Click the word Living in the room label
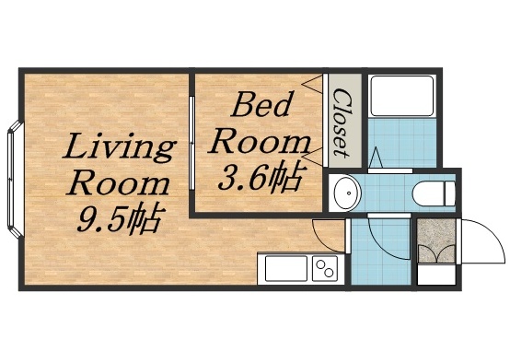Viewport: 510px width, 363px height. (121, 146)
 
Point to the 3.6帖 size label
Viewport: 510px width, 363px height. (261, 178)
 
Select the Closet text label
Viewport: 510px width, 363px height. (341, 120)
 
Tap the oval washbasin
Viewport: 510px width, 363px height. (347, 193)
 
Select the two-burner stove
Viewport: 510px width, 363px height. (324, 269)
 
